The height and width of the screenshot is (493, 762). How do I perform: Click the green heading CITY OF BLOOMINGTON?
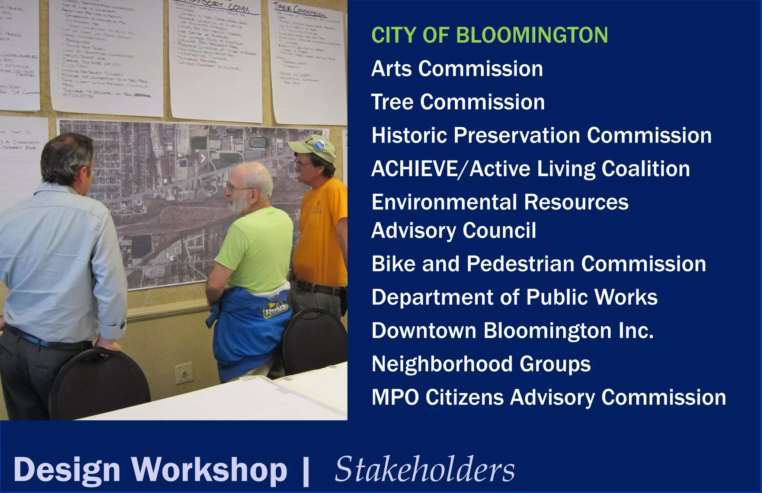click(489, 35)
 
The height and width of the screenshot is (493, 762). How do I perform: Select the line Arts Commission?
click(457, 69)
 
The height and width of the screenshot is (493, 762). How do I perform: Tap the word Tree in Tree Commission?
click(392, 102)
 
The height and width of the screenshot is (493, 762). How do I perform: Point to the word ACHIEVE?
click(414, 169)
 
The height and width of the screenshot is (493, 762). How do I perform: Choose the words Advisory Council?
click(454, 231)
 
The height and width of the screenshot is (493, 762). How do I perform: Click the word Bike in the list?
click(393, 264)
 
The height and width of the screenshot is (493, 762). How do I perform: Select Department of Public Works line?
click(514, 298)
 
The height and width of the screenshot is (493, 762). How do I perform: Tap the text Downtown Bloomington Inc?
click(512, 331)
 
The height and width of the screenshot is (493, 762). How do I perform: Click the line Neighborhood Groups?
click(481, 364)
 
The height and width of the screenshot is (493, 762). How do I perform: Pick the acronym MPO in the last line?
click(395, 398)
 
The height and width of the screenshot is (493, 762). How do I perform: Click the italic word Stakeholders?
click(425, 470)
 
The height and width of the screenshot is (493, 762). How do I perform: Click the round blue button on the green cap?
click(319, 145)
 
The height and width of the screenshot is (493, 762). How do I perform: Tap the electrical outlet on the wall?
click(184, 373)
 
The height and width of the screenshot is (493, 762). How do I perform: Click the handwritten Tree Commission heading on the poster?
click(300, 10)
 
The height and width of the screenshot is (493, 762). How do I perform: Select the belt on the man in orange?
click(316, 287)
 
